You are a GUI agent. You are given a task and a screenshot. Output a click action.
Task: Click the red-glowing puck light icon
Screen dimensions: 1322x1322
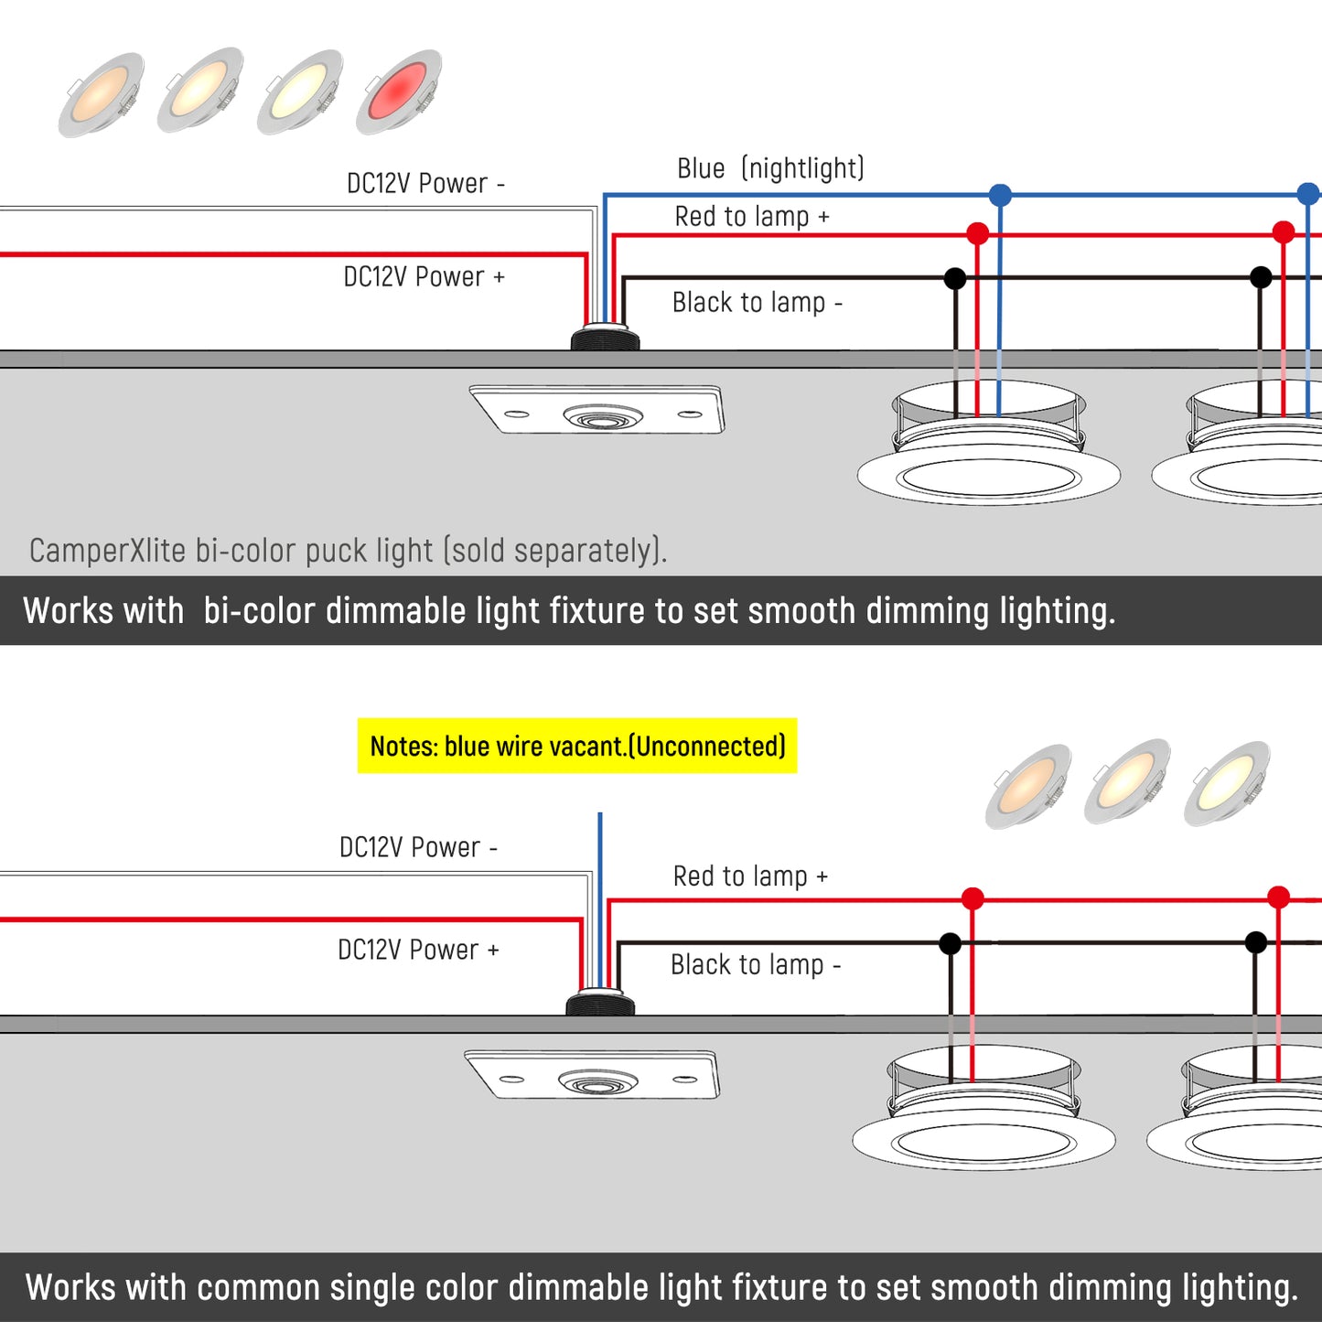(x=400, y=91)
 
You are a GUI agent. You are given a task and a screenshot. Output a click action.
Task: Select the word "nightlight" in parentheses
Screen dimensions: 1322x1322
(x=802, y=168)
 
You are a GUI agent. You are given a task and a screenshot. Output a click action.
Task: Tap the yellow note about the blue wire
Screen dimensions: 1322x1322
(x=577, y=746)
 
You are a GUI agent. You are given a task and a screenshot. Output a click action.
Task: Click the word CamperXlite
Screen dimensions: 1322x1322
(x=108, y=551)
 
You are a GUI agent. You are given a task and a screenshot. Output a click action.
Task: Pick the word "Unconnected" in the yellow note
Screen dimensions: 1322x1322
(x=709, y=747)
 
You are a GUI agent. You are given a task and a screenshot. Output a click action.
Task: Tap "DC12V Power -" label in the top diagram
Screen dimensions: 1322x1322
(x=425, y=183)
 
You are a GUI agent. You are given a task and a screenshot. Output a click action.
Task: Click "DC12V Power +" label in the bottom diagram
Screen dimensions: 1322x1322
(x=418, y=950)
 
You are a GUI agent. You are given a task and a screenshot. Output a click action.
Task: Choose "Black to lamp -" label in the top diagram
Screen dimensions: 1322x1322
(x=757, y=302)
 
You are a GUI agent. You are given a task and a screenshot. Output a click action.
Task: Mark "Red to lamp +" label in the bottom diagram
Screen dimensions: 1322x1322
(x=750, y=876)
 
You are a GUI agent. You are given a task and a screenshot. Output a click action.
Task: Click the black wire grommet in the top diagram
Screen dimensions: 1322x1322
(x=605, y=339)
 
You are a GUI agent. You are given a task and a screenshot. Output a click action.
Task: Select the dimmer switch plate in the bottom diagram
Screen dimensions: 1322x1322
(x=593, y=1074)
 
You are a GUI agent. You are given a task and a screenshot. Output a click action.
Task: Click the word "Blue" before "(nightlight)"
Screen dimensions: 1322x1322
(x=701, y=168)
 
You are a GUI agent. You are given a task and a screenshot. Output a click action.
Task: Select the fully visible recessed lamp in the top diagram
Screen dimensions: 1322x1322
(x=989, y=444)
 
